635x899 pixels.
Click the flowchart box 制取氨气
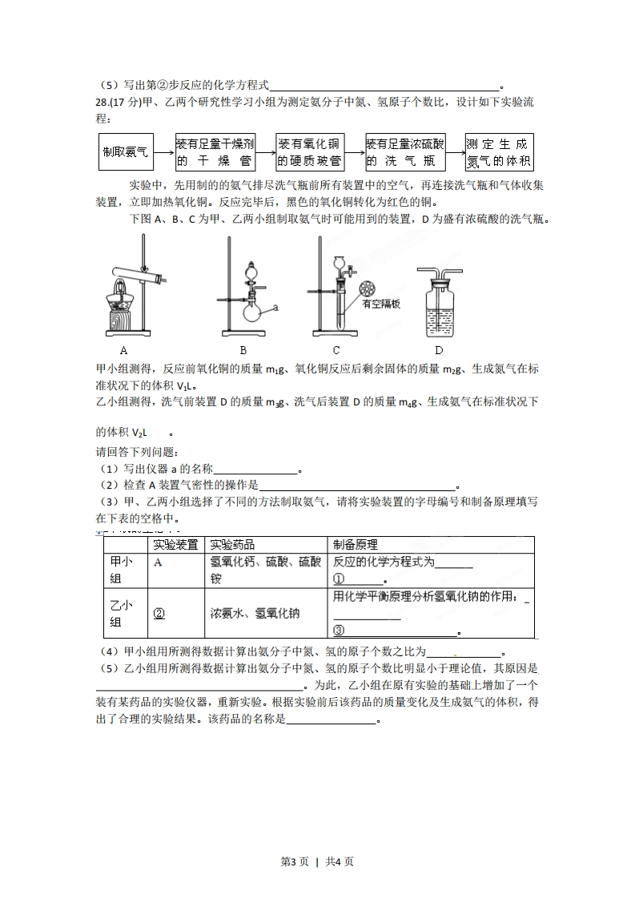pyautogui.click(x=125, y=151)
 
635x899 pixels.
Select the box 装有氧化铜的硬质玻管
pyautogui.click(x=310, y=151)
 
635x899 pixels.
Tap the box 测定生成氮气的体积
pyautogui.click(x=499, y=151)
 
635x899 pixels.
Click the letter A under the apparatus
pyautogui.click(x=124, y=350)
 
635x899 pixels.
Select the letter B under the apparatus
pyautogui.click(x=243, y=350)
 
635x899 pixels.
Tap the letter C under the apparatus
pyautogui.click(x=336, y=350)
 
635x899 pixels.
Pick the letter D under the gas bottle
pyautogui.click(x=438, y=350)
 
